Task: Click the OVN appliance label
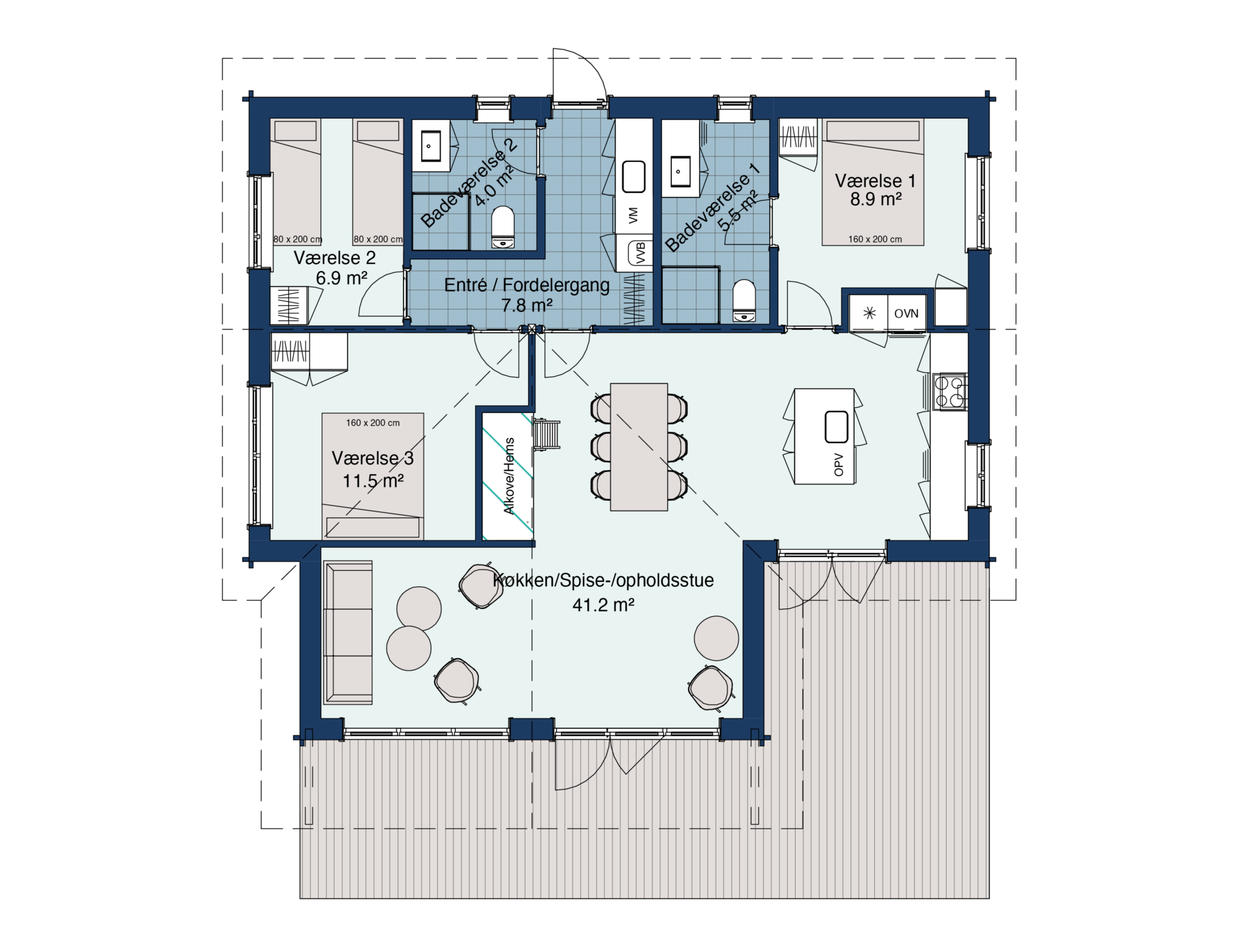[907, 314]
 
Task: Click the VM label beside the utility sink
[633, 215]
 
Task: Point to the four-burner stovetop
[949, 392]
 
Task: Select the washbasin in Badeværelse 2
[431, 145]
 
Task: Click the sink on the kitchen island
[837, 426]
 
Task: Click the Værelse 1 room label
[875, 181]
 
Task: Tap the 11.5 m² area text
[373, 481]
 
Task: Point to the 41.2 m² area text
[603, 605]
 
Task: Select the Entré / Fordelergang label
[527, 284]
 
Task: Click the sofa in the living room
[349, 632]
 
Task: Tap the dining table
[639, 447]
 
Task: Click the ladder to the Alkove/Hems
[547, 434]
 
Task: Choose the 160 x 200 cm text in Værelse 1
[875, 239]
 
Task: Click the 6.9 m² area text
[342, 278]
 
